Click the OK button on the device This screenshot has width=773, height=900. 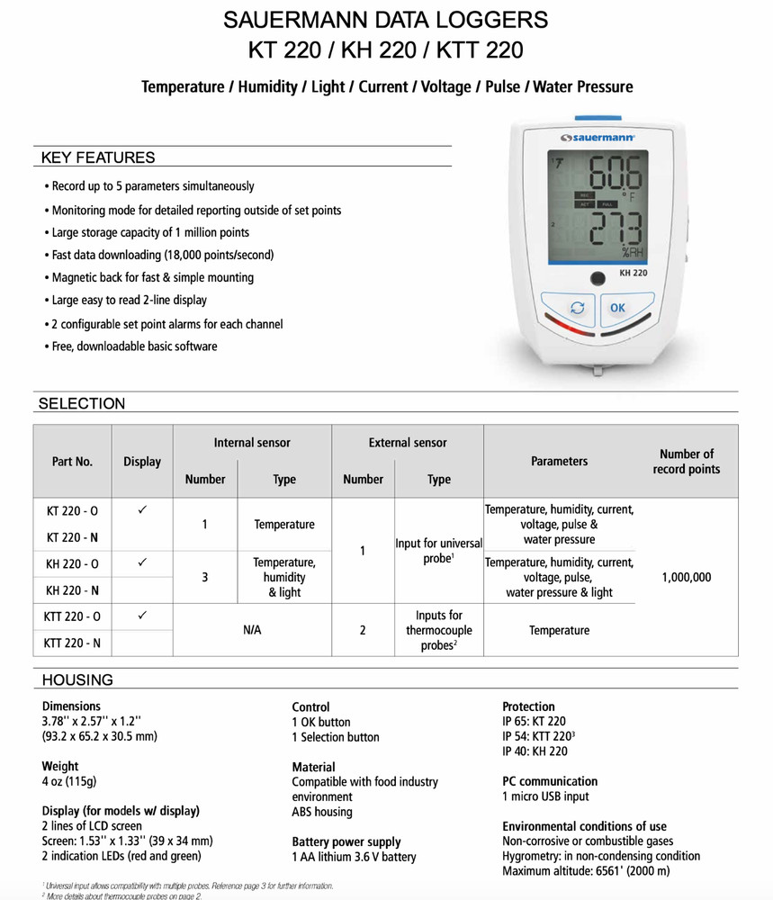click(x=617, y=308)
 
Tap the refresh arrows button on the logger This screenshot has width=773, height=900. click(x=579, y=308)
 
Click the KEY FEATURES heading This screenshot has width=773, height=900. click(x=98, y=157)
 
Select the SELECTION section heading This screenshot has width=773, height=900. click(x=82, y=403)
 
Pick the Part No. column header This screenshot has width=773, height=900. click(x=72, y=461)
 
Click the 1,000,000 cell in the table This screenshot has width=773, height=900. click(x=686, y=577)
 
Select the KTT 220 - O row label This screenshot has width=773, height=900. click(x=72, y=616)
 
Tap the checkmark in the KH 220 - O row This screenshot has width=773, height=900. click(x=142, y=562)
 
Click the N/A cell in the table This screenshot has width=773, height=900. click(x=252, y=631)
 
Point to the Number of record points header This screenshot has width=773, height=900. click(x=686, y=461)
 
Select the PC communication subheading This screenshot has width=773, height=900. click(x=549, y=781)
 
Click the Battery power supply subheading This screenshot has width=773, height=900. click(x=346, y=842)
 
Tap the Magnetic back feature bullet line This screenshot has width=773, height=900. click(x=151, y=277)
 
